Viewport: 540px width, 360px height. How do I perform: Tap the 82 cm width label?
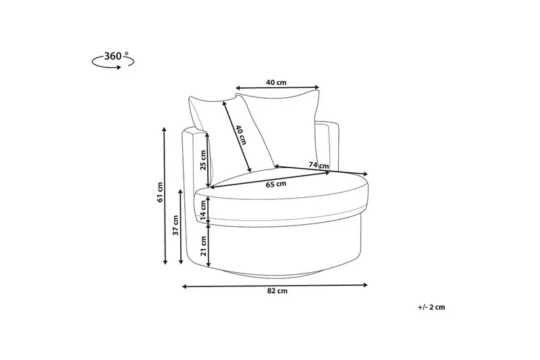pos(277,290)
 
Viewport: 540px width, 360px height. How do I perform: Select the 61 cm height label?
pos(159,192)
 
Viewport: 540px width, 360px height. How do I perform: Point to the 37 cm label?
pos(175,225)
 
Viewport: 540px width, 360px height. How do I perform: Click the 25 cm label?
pos(203,160)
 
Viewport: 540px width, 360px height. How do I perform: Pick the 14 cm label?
pos(203,211)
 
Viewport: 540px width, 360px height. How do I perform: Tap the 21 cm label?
pos(203,246)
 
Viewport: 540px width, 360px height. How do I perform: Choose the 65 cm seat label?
pos(276,184)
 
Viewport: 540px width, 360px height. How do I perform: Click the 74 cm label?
pos(319,165)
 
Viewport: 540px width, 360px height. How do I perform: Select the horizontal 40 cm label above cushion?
pos(276,82)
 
